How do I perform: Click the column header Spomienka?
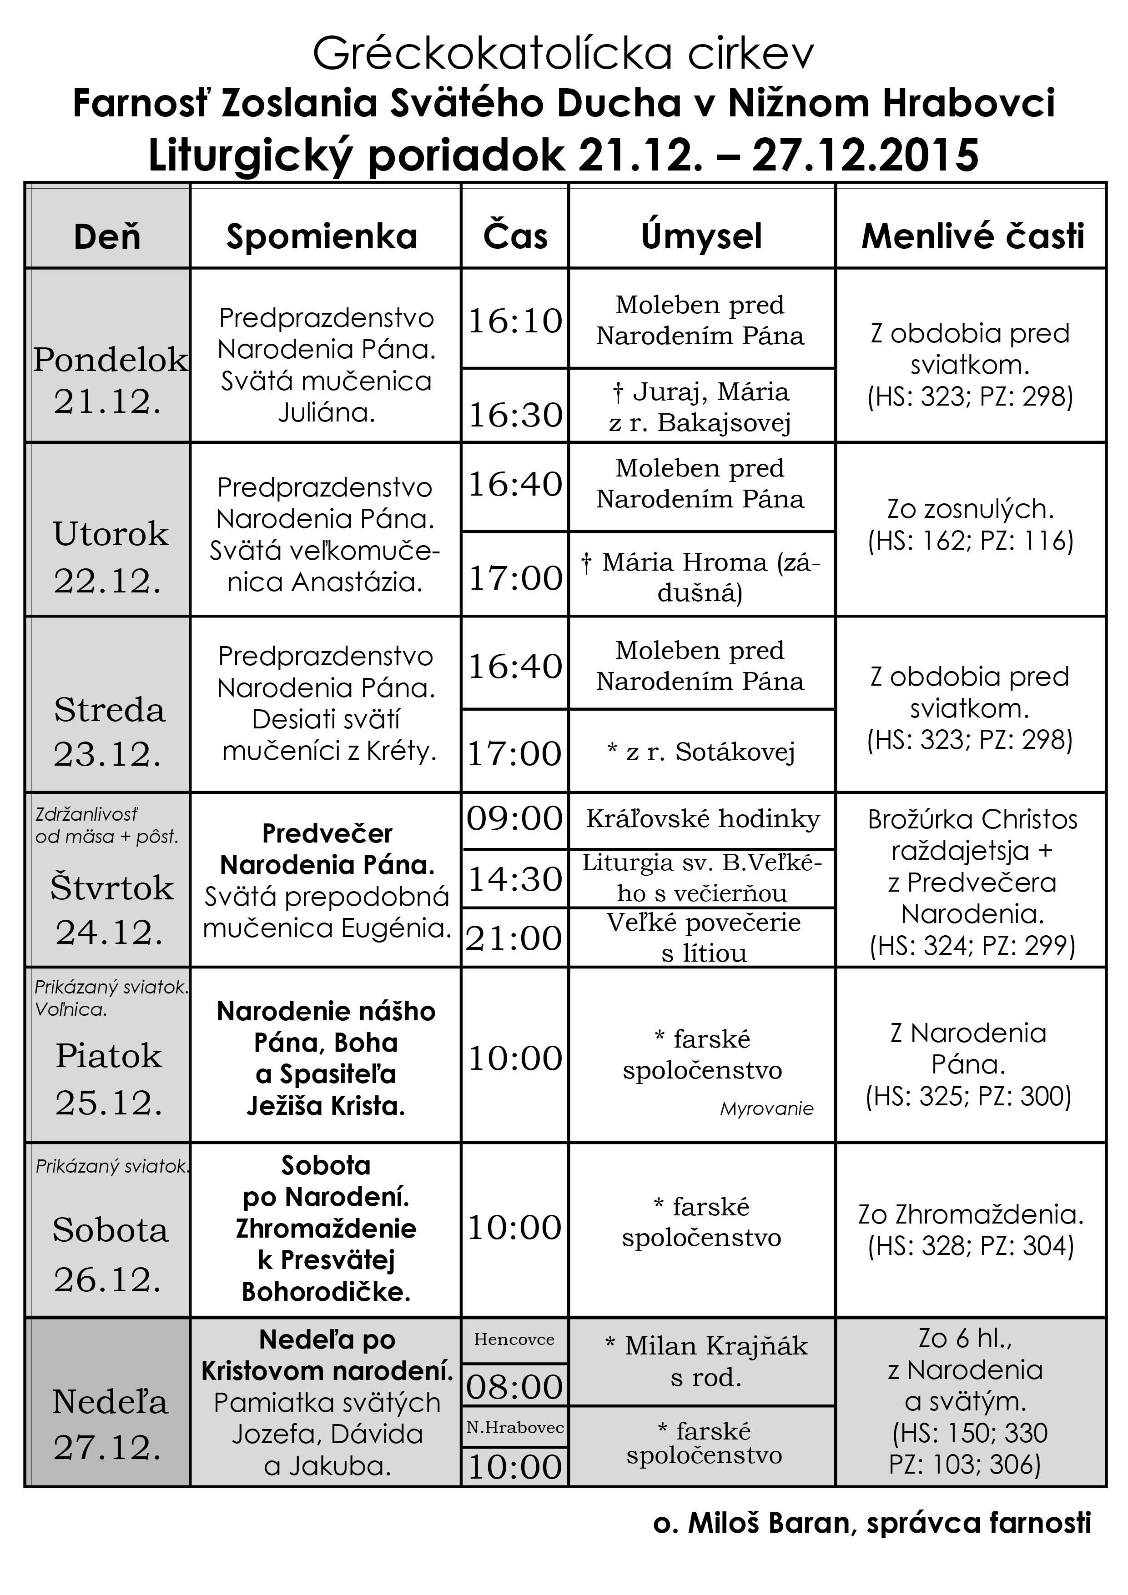coord(322,237)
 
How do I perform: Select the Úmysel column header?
coord(701,237)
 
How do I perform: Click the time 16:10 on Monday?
coord(515,321)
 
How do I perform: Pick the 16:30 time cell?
coord(515,415)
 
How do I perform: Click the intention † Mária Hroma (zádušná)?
coord(700,577)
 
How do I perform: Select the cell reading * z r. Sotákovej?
coord(700,752)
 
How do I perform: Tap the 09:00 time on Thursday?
coord(515,819)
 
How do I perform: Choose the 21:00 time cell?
coord(514,938)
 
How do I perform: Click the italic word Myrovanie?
coord(766,1108)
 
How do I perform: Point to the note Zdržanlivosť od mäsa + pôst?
coord(106,825)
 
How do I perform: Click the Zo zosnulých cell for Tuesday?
coord(970,525)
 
